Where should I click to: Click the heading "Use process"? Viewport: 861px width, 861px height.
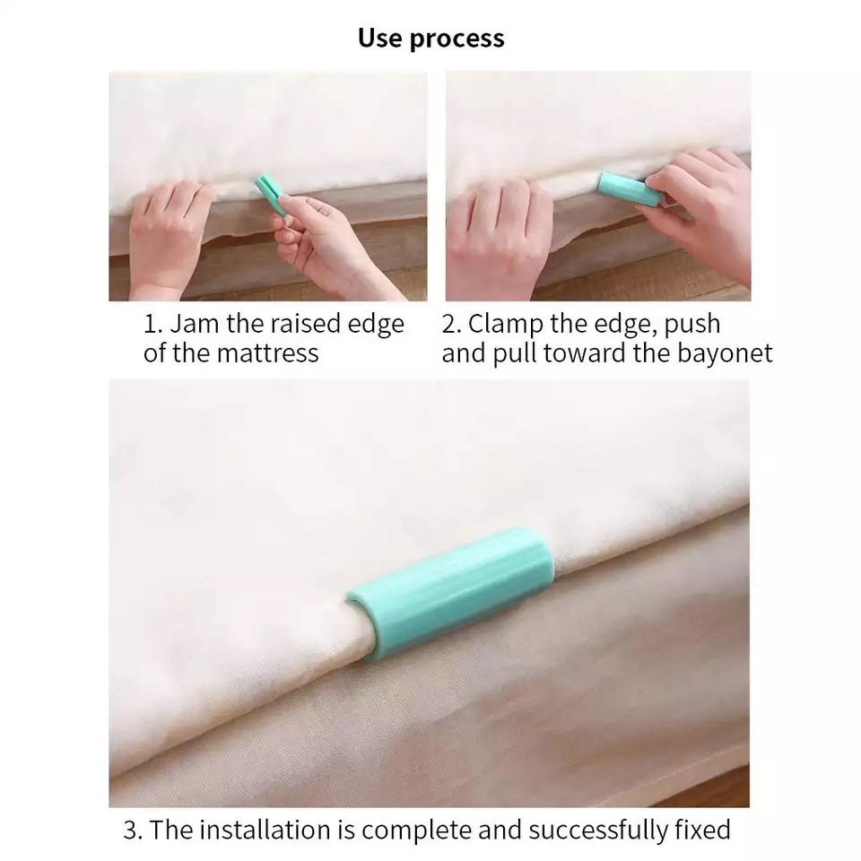click(431, 39)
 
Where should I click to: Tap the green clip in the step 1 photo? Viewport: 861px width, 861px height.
click(271, 195)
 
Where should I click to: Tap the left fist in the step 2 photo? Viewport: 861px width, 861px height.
click(497, 228)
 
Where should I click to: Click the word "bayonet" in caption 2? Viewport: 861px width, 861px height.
click(725, 353)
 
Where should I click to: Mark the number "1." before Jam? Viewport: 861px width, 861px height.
click(153, 324)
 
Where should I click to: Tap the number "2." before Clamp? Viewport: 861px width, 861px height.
click(452, 324)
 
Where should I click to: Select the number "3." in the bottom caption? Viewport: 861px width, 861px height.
click(134, 831)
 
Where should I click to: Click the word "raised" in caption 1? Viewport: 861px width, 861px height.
click(305, 324)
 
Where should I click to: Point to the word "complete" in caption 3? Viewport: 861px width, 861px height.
click(417, 831)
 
